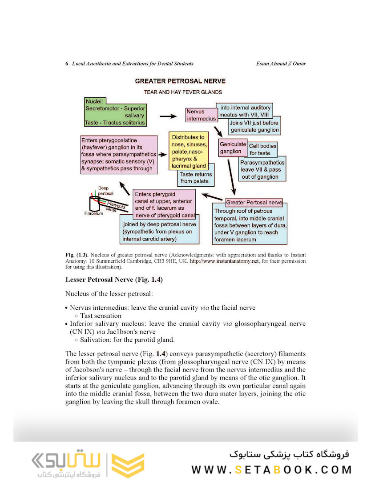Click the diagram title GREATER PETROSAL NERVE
[180, 81]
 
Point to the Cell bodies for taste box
[262, 149]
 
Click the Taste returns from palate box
[196, 178]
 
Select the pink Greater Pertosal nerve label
[254, 203]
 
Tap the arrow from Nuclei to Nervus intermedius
[168, 116]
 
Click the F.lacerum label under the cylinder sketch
[93, 214]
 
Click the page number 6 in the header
[67, 64]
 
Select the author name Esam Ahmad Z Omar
[281, 64]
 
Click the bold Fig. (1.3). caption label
[76, 255]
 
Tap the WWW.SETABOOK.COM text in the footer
[271, 469]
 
